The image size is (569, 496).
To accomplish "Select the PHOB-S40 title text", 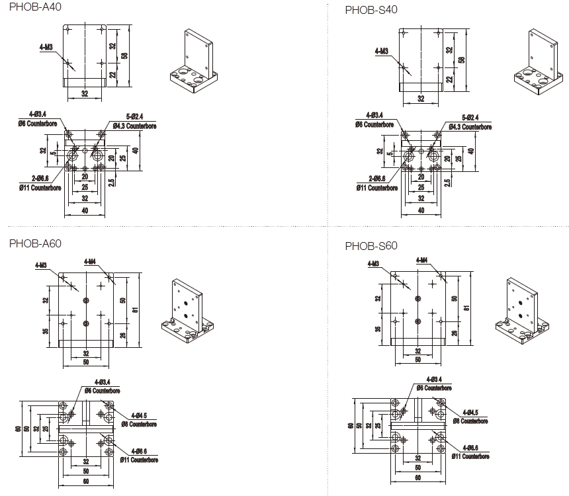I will (371, 10).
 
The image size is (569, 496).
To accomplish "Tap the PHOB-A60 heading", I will (35, 243).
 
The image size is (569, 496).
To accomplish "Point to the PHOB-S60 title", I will (371, 246).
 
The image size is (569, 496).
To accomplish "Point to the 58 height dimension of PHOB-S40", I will (462, 59).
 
